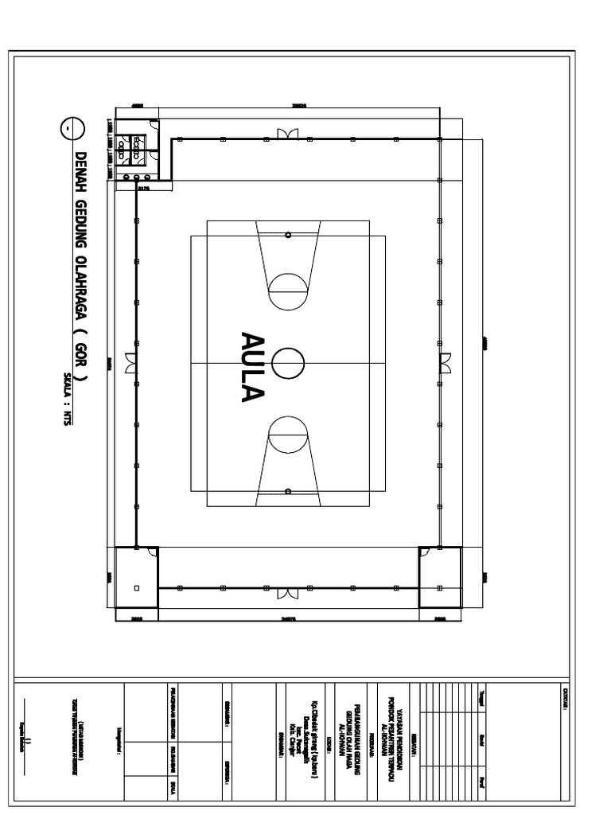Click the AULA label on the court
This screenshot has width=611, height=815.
point(253,366)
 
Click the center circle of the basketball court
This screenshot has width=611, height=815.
point(287,363)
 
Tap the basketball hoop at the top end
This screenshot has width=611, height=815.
point(288,235)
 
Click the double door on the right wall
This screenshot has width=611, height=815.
point(446,363)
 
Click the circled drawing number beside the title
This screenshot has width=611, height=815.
point(69,128)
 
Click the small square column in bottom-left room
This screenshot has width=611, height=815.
point(136,588)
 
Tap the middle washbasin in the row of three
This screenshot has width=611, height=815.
point(136,177)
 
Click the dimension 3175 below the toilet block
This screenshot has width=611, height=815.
point(143,189)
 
